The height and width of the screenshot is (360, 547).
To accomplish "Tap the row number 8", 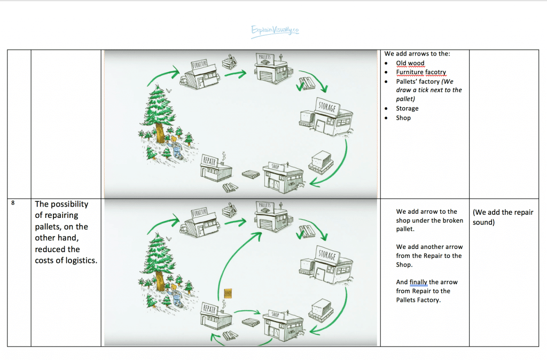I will pos(12,204).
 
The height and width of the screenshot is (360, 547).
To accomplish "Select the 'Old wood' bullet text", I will pos(410,63).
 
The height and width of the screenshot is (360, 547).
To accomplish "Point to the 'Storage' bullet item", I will pos(407,108).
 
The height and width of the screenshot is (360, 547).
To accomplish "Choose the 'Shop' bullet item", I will pos(403,118).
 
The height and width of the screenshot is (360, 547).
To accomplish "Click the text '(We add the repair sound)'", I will pos(503,217).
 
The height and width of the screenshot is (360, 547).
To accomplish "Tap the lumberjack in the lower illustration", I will pos(174,293).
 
